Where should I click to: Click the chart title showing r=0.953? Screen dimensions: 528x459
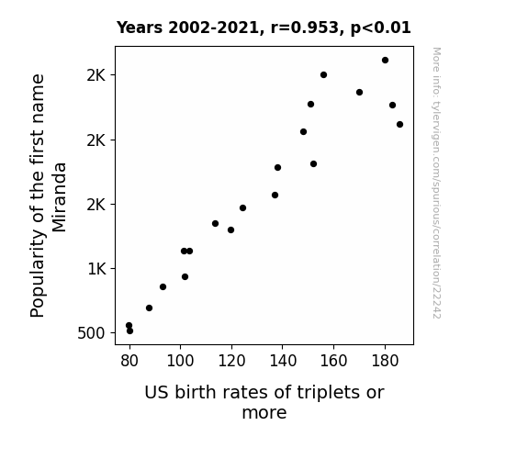264,28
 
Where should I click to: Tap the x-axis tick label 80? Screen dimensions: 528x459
129,361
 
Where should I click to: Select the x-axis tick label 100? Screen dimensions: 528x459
180,361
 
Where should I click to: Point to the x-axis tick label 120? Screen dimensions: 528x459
231,361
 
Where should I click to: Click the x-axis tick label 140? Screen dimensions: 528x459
283,361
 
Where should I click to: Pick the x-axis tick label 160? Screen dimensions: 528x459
333,361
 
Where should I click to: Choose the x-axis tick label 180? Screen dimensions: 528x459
385,361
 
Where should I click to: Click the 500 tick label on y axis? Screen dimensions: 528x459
91,333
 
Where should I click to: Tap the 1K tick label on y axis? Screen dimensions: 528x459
96,269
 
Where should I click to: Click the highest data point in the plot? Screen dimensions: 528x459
386,61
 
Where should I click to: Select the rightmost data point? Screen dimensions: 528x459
399,125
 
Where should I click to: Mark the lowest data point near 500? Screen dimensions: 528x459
130,331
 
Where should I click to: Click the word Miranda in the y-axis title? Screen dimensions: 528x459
60,197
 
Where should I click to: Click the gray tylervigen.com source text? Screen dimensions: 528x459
436,183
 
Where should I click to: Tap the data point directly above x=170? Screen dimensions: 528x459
359,93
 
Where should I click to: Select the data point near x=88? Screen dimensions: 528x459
149,308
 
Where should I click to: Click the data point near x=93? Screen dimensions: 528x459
163,287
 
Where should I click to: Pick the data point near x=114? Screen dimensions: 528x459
216,224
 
